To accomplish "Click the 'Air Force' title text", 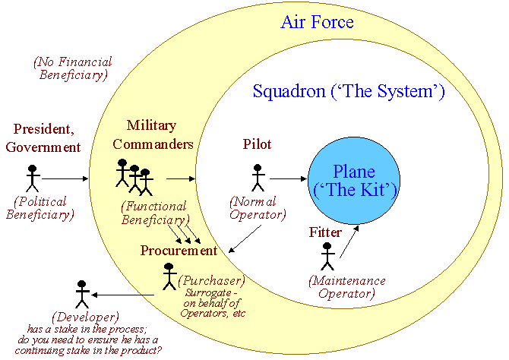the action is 317,22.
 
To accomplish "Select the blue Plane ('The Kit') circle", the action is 354,181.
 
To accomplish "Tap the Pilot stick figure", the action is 258,178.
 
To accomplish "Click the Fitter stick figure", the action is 327,257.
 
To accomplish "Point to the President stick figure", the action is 33,178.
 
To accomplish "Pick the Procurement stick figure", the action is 169,276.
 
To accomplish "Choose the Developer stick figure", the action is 82,295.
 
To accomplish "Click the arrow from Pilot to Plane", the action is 288,178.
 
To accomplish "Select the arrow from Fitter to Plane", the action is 349,242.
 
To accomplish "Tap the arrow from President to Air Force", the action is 65,178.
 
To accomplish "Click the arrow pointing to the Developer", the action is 123,295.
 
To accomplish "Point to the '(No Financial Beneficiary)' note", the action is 73,68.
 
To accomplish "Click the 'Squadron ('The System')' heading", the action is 349,92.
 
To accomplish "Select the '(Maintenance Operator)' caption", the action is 347,287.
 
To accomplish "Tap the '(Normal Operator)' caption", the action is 258,208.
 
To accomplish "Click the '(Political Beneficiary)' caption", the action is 40,208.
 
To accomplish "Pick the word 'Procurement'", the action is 179,251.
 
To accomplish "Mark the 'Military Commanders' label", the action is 153,134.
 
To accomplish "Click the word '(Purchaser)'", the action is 212,280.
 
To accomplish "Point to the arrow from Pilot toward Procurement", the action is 245,239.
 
